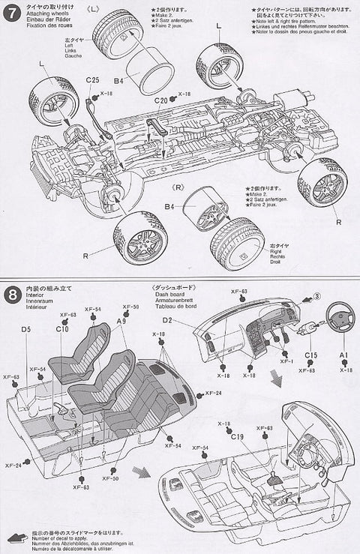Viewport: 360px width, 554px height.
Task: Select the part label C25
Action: pos(92,80)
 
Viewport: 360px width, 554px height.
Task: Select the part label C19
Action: pos(238,436)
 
